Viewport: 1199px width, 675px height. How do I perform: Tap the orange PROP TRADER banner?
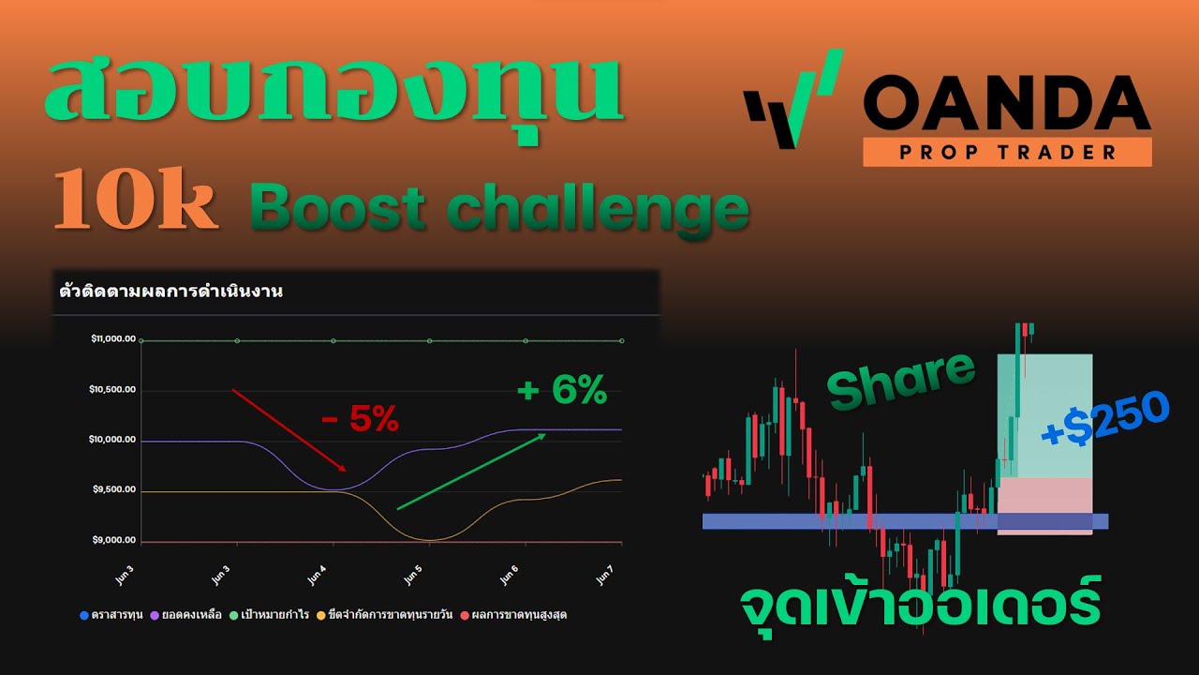pyautogui.click(x=1007, y=152)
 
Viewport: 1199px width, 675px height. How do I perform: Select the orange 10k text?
pyautogui.click(x=136, y=202)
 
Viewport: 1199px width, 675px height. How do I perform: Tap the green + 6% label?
pyautogui.click(x=562, y=390)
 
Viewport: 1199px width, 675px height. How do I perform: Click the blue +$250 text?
pyautogui.click(x=1105, y=418)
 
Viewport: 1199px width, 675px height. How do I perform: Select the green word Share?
pyautogui.click(x=901, y=380)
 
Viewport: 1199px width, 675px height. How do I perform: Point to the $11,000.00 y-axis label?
pyautogui.click(x=113, y=339)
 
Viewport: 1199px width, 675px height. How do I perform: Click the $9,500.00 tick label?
pyautogui.click(x=113, y=489)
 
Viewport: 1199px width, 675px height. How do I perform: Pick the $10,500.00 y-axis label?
pyautogui.click(x=113, y=389)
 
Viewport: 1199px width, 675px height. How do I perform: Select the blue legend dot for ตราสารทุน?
pyautogui.click(x=83, y=615)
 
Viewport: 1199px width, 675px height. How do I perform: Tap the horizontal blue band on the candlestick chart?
pyautogui.click(x=843, y=521)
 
